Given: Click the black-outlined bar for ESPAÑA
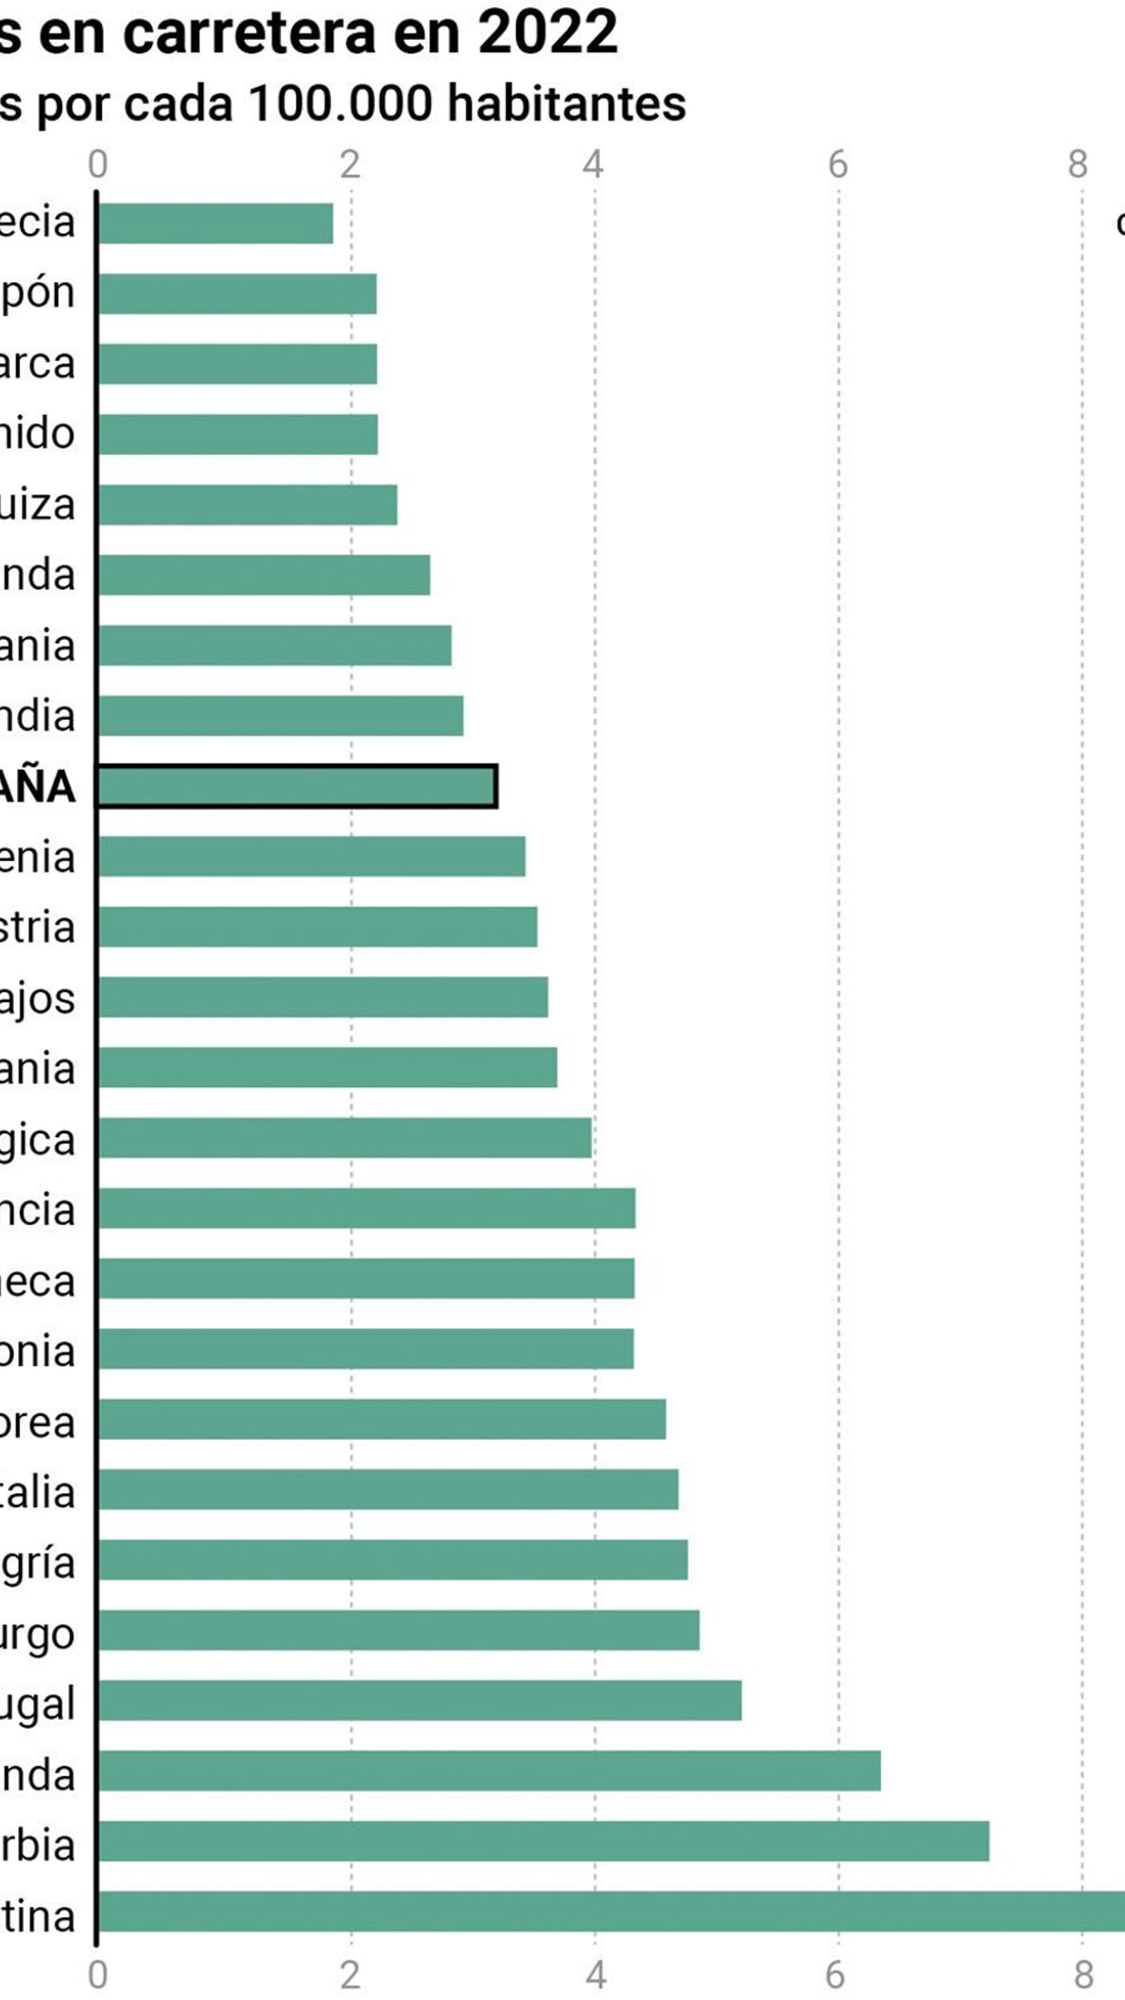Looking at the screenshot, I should point(297,786).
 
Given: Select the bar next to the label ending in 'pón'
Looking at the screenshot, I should point(237,293).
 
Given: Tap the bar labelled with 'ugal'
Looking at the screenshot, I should point(419,1700).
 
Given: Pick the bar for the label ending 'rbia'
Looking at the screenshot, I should point(544,1841).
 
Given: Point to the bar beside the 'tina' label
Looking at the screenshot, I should point(611,1911).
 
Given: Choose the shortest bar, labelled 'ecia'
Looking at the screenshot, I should point(215,224).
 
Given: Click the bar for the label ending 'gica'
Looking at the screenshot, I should point(345,1137).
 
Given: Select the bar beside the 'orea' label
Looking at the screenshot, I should point(381,1418).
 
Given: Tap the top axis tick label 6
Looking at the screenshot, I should point(837,165).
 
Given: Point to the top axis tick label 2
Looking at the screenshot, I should point(350,165).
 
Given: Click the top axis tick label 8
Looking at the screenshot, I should point(1078,165).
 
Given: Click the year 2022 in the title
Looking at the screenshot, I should point(547,32).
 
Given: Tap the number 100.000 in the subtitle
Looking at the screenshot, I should point(340,103).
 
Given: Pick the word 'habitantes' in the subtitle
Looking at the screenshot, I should point(567,103).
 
